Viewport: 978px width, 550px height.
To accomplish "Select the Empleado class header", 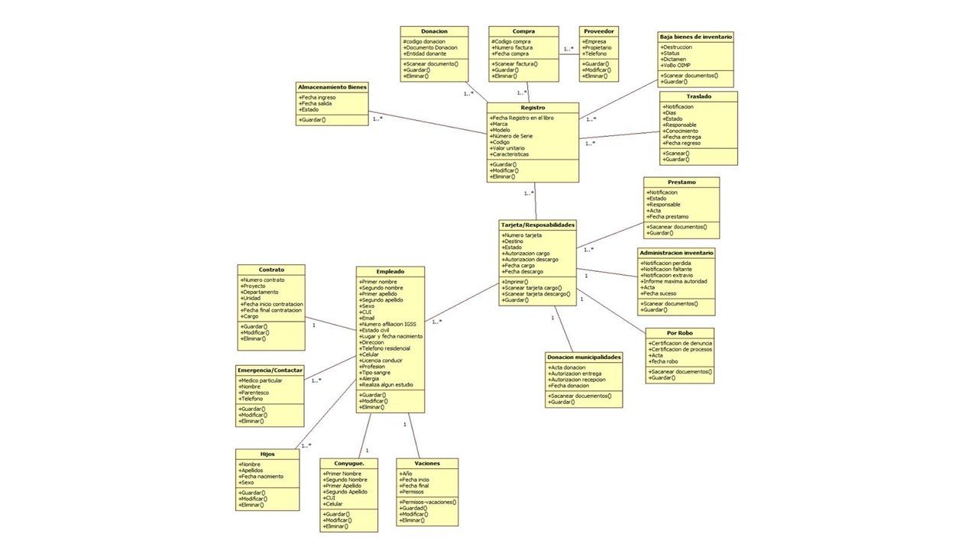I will click(x=390, y=271).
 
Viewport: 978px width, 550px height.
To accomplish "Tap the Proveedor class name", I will click(x=598, y=31).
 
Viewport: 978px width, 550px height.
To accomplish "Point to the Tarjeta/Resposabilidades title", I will click(x=537, y=225).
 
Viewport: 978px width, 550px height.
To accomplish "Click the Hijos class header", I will click(x=267, y=454).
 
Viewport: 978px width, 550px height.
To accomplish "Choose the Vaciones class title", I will click(x=426, y=463).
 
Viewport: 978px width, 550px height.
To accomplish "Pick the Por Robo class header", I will click(x=679, y=333).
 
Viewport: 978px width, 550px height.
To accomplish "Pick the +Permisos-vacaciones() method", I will click(x=428, y=502).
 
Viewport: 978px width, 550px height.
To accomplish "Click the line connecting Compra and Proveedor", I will click(x=568, y=53).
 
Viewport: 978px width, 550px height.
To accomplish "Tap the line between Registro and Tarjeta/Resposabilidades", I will click(x=536, y=202).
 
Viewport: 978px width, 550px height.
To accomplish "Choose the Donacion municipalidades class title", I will click(x=584, y=357).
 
